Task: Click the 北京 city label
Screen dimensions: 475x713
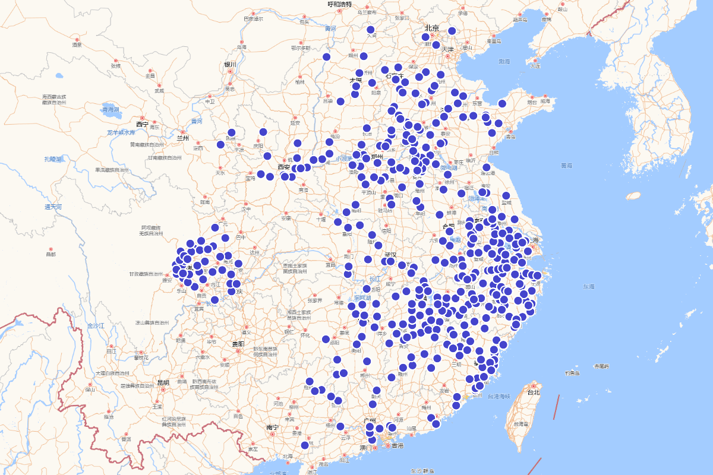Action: point(431,28)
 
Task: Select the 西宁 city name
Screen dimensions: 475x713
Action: point(142,124)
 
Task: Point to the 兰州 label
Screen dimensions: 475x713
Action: point(182,138)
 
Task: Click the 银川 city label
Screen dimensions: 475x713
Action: point(230,64)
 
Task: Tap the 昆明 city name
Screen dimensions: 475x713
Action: point(162,382)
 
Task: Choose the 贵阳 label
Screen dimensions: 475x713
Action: point(238,344)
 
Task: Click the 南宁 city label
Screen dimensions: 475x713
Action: point(273,426)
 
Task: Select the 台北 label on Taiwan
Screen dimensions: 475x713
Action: point(534,392)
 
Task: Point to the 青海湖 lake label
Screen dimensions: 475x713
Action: point(111,109)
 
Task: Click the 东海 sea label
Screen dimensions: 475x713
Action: point(588,287)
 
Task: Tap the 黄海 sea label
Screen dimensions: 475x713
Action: point(566,165)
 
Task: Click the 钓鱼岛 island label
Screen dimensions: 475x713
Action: point(572,373)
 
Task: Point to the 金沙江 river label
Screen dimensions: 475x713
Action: point(95,326)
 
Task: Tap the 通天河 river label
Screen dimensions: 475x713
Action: point(53,207)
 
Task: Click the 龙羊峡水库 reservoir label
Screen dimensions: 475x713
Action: point(122,132)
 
